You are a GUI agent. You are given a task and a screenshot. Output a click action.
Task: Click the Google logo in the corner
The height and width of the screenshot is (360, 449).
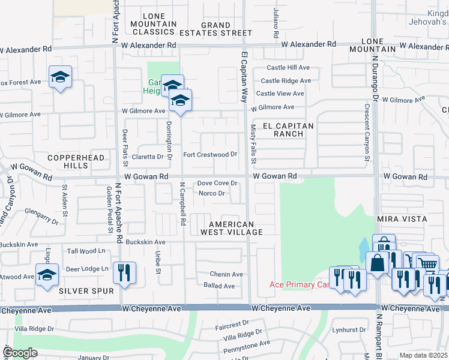pyautogui.click(x=20, y=353)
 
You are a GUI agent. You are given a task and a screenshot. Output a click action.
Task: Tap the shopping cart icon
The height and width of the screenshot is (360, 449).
pyautogui.click(x=427, y=263)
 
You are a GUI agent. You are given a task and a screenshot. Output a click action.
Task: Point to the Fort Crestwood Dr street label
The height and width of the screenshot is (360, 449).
pyautogui.click(x=210, y=154)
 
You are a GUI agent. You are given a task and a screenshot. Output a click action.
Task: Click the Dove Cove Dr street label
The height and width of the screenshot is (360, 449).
pyautogui.click(x=218, y=183)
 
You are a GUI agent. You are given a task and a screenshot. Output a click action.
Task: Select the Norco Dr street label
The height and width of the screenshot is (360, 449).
pyautogui.click(x=211, y=193)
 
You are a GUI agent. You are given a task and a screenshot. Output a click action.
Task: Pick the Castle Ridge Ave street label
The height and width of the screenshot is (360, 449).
pyautogui.click(x=286, y=80)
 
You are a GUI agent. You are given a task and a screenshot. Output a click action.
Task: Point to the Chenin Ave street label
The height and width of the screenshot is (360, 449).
pyautogui.click(x=226, y=274)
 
